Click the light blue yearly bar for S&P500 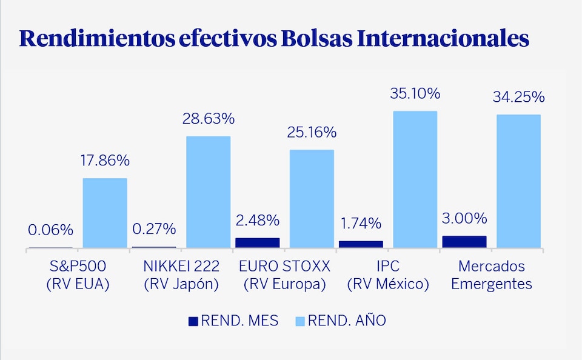point(105,213)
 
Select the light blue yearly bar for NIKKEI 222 point(208,192)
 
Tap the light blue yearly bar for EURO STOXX point(312,199)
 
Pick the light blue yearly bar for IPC point(415,179)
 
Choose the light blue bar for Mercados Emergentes point(518,181)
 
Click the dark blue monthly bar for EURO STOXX point(258,242)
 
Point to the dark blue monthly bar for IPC point(361,244)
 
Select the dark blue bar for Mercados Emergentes point(464,242)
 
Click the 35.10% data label point(415,94)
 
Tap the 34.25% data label point(518,97)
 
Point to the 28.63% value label point(208,119)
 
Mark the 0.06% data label point(50,230)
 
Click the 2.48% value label point(258,219)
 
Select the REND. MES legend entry point(233,321)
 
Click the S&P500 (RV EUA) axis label point(78,275)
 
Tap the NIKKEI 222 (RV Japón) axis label point(181,275)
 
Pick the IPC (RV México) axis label point(388,275)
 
